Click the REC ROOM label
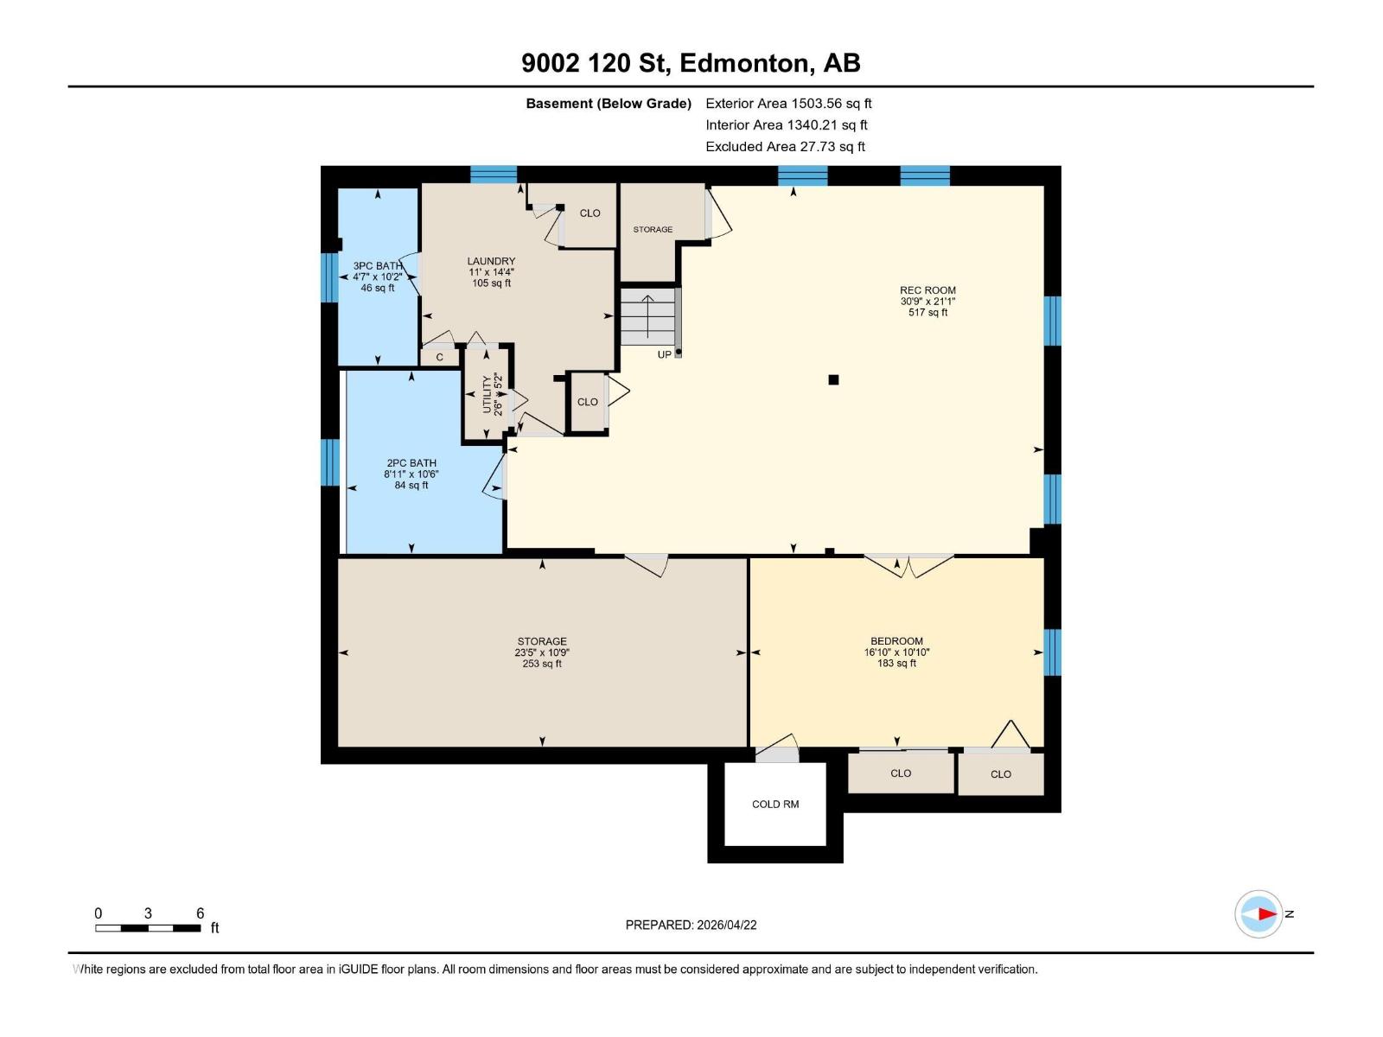point(927,290)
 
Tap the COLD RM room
point(775,805)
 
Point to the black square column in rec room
point(833,379)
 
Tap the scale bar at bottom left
point(149,928)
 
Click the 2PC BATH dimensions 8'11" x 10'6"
point(411,474)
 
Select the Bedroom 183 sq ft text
point(896,664)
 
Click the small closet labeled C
point(440,357)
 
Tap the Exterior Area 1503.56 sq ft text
point(788,104)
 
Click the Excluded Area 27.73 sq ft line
point(785,147)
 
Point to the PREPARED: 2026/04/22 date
point(691,925)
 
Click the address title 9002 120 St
point(691,63)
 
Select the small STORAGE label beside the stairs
point(653,230)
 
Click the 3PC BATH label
point(378,266)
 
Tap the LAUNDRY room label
point(491,261)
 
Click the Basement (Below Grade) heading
point(609,104)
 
